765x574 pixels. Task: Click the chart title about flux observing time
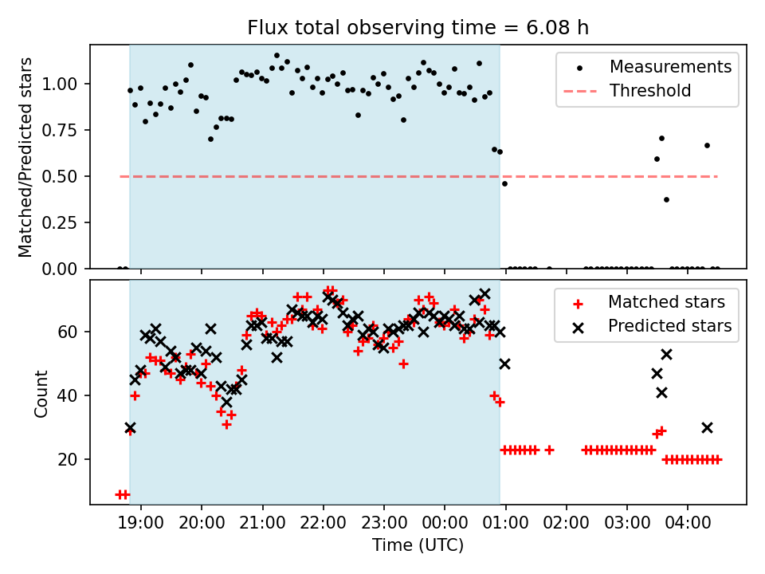418,29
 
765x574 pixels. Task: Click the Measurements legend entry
670,67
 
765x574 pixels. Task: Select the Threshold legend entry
650,91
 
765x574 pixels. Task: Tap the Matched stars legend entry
666,302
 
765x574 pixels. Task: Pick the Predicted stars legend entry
669,325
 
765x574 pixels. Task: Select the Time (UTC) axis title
418,545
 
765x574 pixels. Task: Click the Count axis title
41,393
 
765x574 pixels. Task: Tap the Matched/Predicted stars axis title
26,157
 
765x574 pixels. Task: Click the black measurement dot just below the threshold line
504,183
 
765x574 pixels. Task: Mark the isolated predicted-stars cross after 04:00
707,427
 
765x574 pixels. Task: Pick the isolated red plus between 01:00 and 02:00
549,450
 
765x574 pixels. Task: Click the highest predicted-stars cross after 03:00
666,354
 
